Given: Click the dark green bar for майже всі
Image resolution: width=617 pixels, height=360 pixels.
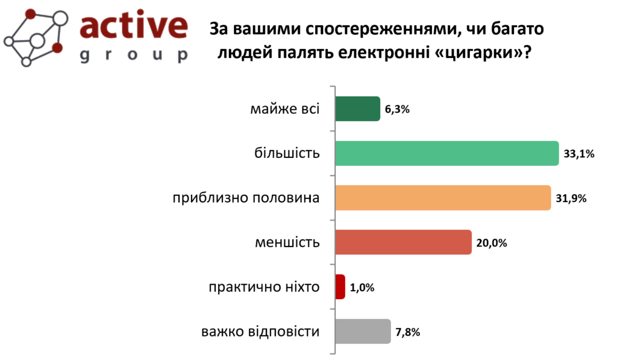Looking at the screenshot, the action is (358, 109).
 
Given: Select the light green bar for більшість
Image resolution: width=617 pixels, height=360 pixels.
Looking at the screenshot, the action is (447, 153).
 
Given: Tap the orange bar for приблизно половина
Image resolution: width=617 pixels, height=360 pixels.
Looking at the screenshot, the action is (443, 198).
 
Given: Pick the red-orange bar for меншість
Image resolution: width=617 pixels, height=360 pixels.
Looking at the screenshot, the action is (403, 242).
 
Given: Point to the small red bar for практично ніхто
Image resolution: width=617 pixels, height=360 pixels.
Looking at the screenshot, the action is (340, 287).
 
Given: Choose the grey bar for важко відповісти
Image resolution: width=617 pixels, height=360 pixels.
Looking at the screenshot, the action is (363, 331).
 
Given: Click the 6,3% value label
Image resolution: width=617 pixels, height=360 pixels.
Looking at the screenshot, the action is (397, 110).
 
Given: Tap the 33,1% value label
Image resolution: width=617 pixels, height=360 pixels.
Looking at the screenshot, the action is (579, 154).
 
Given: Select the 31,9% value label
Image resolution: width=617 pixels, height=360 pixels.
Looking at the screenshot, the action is (571, 198).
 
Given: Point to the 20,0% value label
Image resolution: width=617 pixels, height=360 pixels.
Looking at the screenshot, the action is (492, 243).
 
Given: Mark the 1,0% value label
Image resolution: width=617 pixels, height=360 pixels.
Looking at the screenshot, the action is (362, 288).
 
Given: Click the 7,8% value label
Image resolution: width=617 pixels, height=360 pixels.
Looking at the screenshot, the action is (408, 332).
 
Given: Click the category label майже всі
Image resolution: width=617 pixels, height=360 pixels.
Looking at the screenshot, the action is (285, 109).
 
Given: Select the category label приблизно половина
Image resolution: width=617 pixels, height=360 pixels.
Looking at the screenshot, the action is (246, 198).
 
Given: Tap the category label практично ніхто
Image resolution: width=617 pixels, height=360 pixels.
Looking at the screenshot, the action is (264, 287).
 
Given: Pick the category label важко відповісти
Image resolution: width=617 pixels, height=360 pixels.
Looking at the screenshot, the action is (260, 331).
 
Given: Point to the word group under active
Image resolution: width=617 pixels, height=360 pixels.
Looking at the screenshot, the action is (134, 55).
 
